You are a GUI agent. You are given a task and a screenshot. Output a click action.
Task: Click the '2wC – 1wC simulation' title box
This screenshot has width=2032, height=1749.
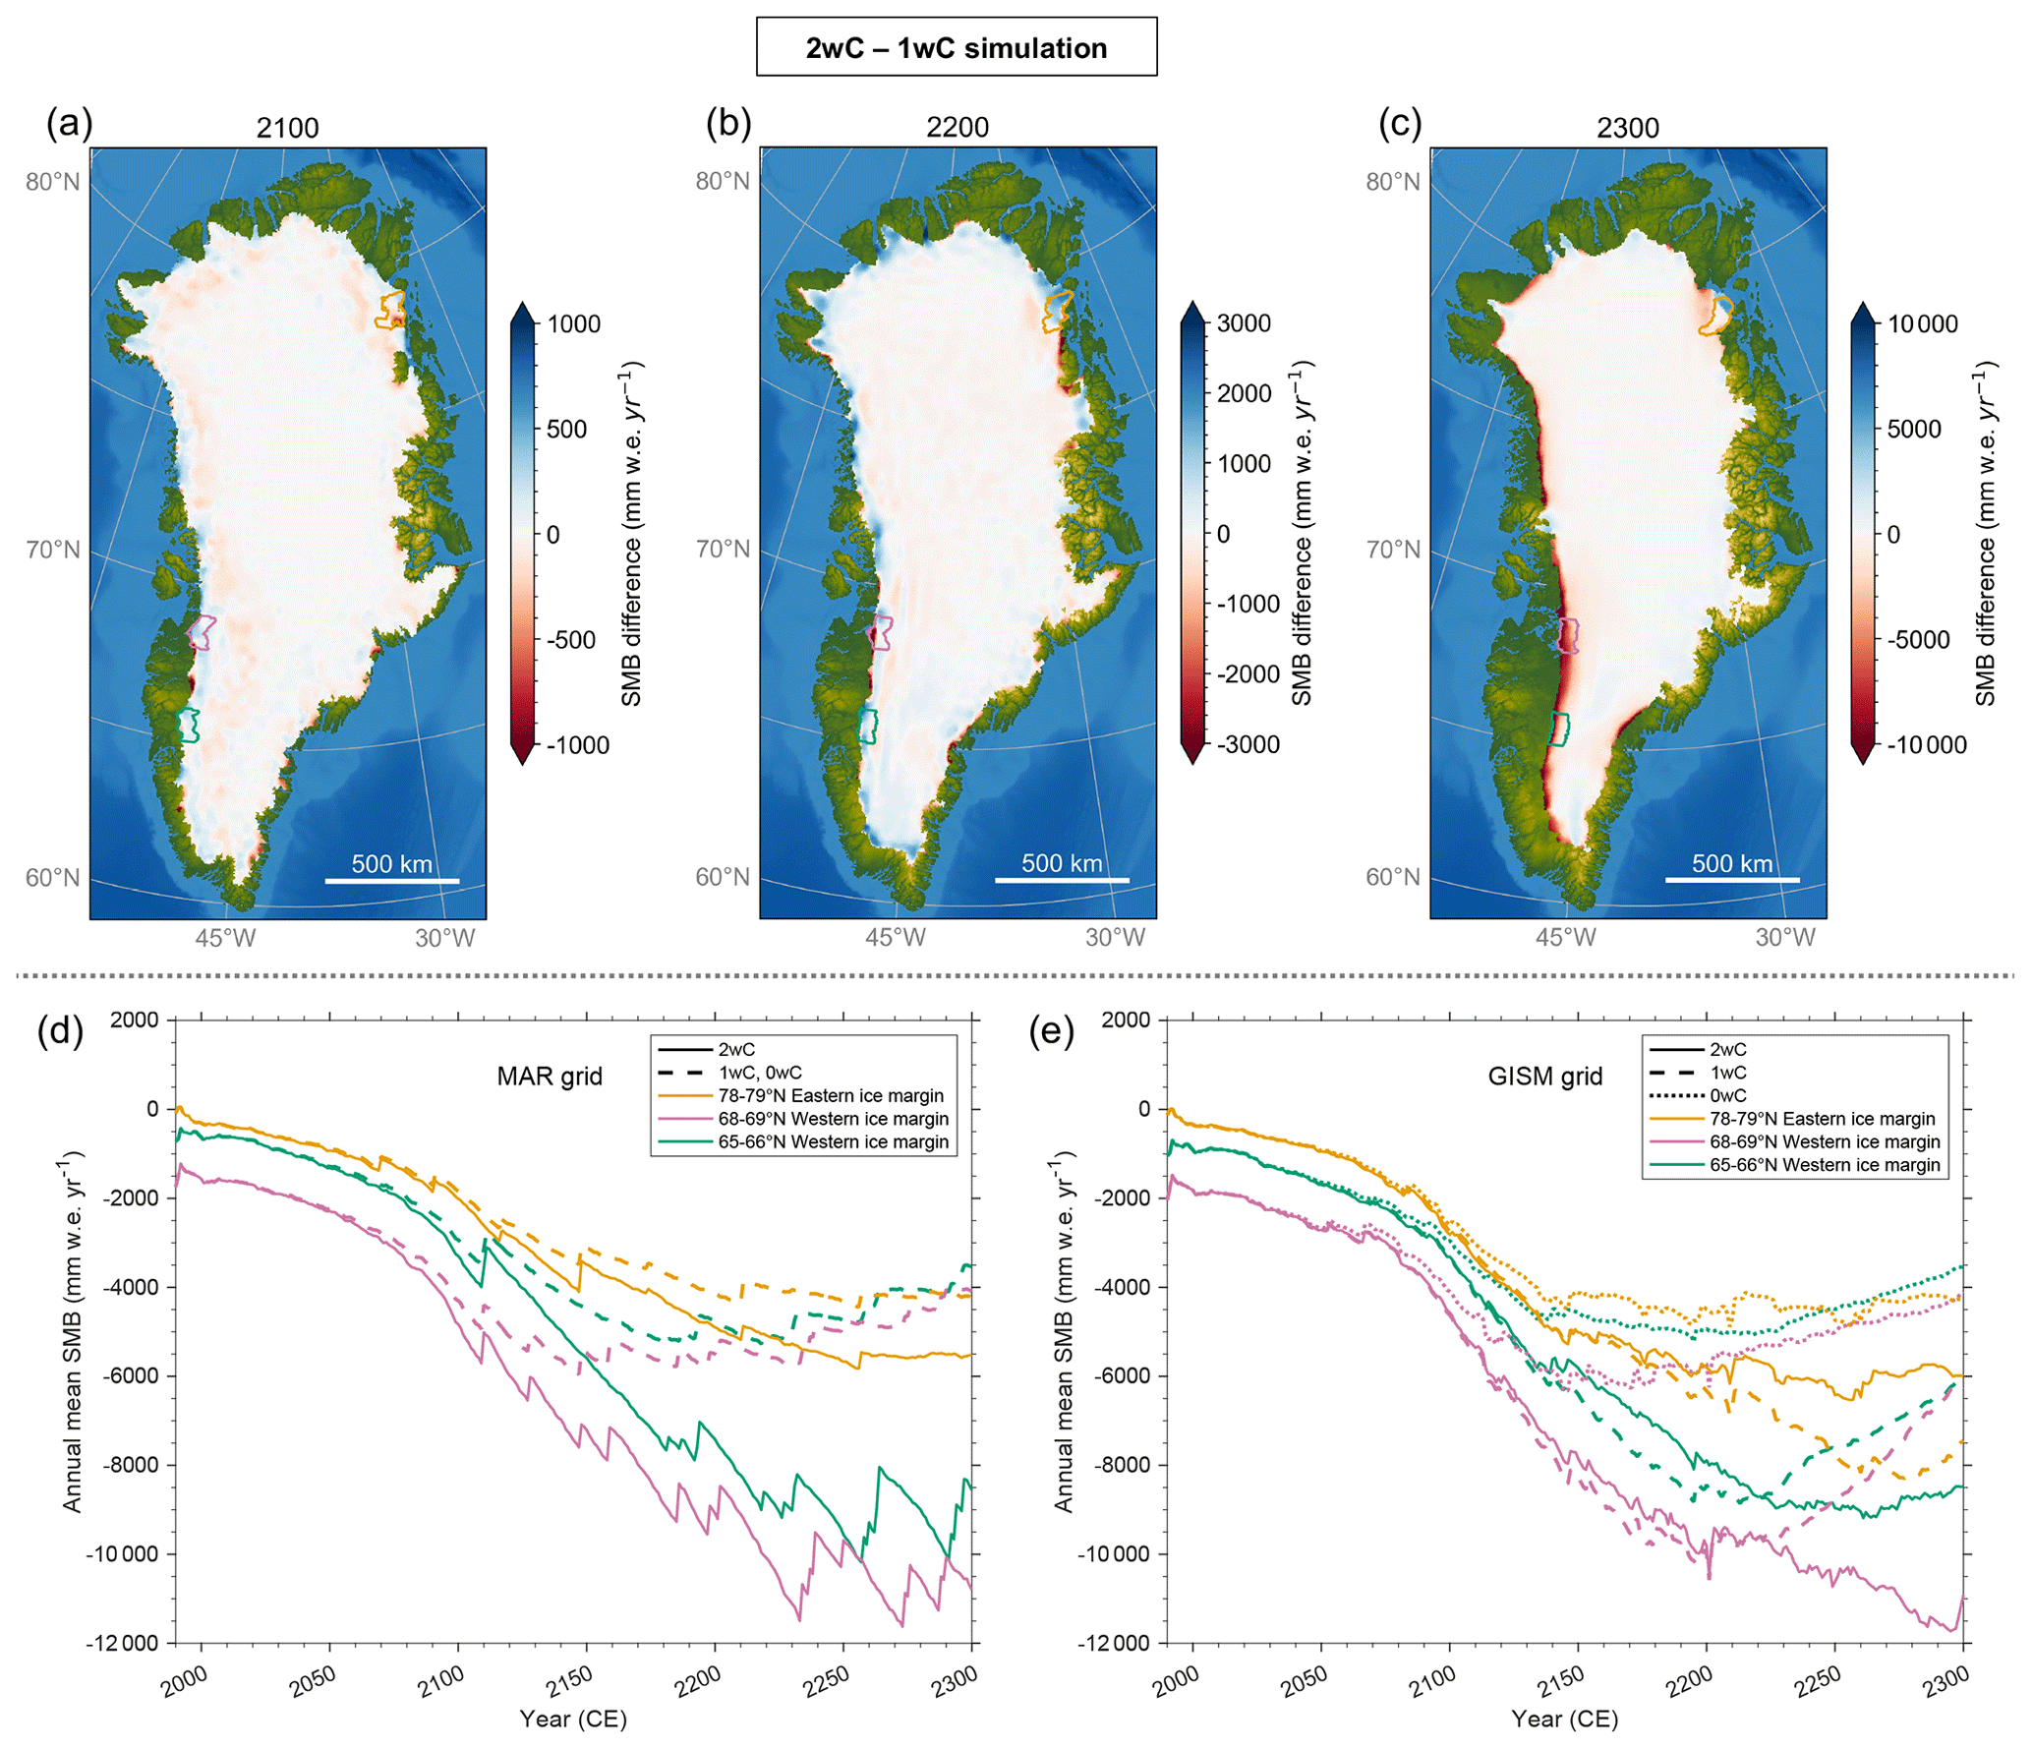pos(956,47)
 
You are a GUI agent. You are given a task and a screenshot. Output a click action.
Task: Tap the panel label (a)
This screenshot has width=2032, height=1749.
pos(69,124)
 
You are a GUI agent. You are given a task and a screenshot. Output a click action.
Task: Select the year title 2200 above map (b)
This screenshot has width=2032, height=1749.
pos(957,128)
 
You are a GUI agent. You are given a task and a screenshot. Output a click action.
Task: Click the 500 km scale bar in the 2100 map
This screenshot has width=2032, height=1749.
pos(391,880)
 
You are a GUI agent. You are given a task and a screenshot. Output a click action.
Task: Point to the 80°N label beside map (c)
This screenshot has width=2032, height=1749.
pos(1392,182)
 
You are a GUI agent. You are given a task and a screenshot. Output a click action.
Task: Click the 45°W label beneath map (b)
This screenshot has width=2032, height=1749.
pos(895,938)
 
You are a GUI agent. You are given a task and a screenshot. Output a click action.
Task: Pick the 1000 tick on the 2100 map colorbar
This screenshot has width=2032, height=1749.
pos(573,324)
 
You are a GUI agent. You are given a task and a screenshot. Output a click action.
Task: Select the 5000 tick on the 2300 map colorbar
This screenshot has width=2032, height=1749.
pos(1913,430)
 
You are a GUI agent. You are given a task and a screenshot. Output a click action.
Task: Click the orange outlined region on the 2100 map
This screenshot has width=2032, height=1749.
pos(390,309)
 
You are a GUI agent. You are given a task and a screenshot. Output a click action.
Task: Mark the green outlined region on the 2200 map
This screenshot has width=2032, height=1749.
pos(868,726)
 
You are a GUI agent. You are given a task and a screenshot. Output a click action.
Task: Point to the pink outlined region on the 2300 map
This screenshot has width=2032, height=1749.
pos(1569,635)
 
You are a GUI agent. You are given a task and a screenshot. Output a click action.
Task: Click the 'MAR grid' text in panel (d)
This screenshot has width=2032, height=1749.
pos(549,1077)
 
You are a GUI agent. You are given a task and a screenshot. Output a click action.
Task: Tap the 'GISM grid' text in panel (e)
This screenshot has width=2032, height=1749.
pos(1544,1077)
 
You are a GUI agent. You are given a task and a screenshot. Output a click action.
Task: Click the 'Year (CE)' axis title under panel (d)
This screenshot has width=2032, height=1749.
pos(573,1718)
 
